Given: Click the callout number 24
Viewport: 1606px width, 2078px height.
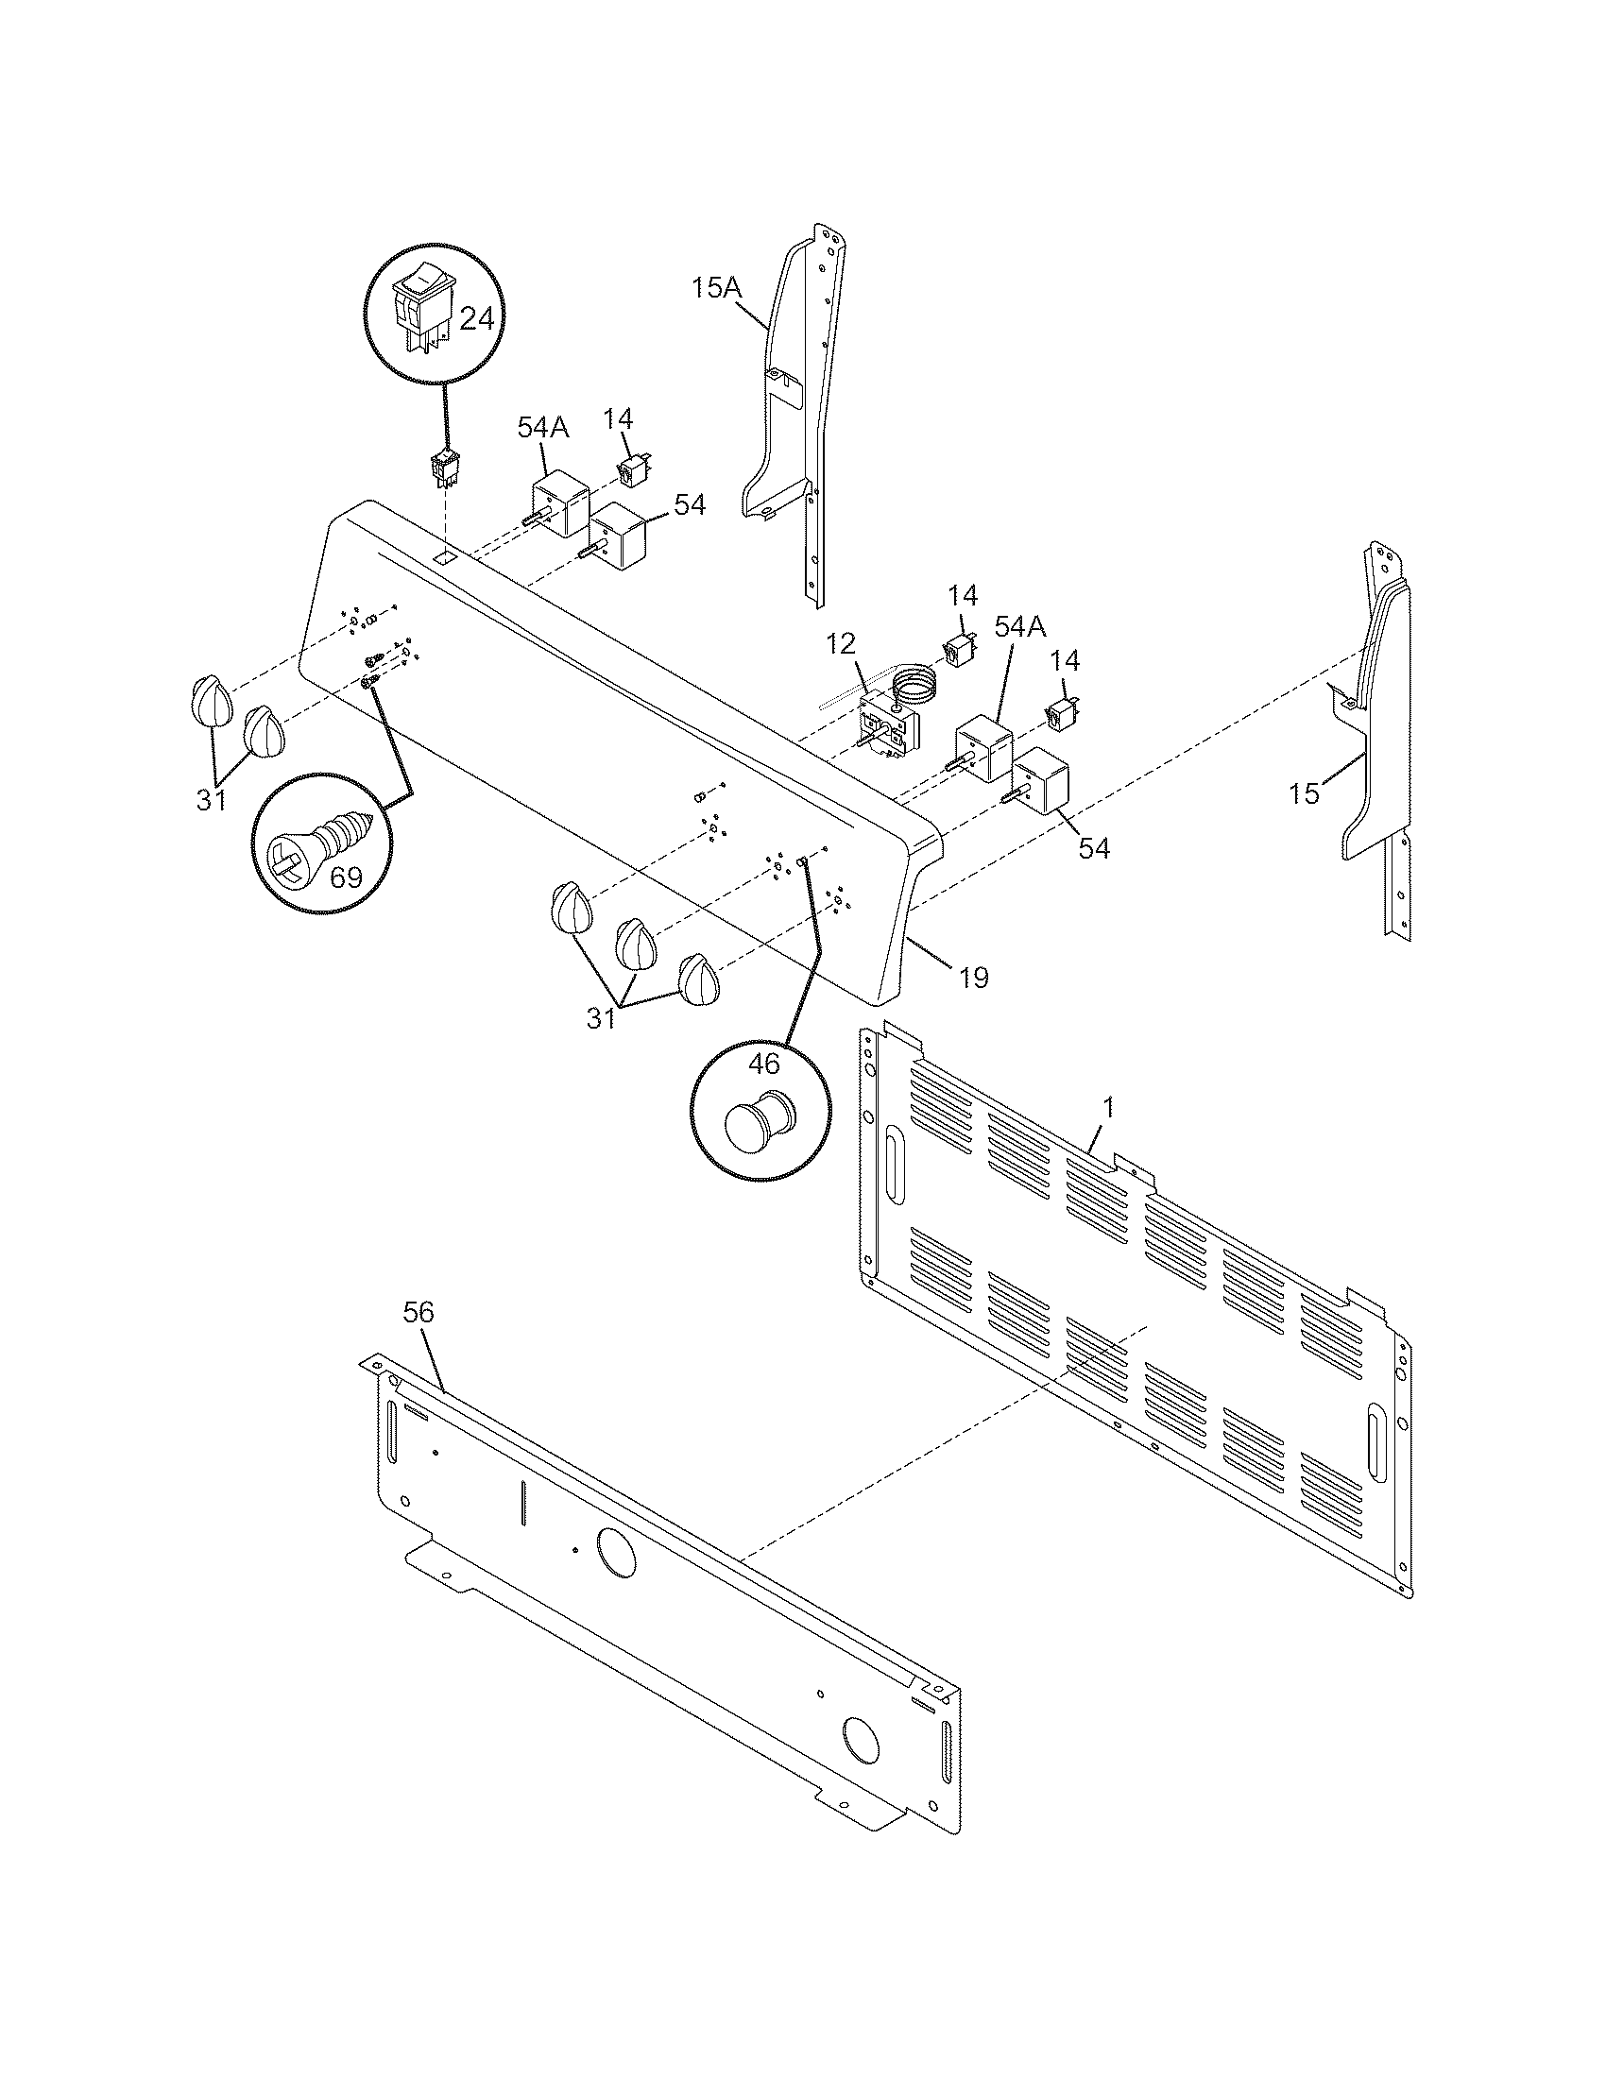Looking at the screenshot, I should point(476,319).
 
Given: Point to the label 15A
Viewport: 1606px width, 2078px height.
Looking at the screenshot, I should point(716,288).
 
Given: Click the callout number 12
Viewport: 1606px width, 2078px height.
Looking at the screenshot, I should point(841,644).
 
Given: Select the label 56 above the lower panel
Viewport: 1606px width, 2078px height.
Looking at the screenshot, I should point(418,1312).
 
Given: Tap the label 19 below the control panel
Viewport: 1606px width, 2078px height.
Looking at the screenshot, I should point(973,978).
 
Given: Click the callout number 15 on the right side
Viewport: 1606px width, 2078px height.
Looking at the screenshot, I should point(1304,793).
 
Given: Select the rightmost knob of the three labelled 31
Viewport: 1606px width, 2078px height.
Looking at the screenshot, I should point(700,979).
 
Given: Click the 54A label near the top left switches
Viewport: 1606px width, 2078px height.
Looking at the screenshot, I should point(542,428).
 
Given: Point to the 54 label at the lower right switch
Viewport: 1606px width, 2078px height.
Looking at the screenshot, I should point(1094,849).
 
